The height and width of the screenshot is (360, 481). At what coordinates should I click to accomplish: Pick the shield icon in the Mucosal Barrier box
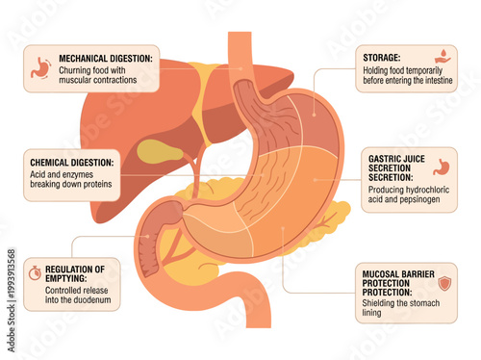tap(444, 284)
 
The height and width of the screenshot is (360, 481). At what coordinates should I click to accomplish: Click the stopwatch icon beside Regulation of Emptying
tap(35, 272)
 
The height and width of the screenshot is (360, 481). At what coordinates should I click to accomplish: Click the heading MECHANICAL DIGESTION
tap(106, 59)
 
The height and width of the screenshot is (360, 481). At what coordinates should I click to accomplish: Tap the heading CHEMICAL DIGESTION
tap(72, 163)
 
